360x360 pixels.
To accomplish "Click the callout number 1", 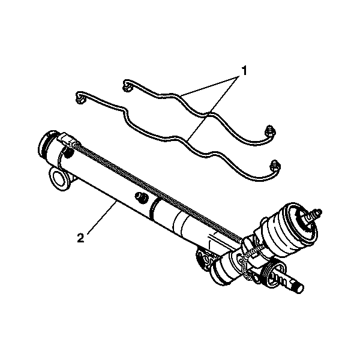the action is click(x=244, y=71).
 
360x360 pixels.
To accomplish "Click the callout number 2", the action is click(x=81, y=238).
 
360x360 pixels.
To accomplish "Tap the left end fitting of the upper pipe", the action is click(x=127, y=85).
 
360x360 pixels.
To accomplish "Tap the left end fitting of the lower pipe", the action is click(x=80, y=98).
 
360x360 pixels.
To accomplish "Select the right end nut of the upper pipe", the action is click(x=270, y=131).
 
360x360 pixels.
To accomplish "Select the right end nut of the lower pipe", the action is click(x=275, y=166).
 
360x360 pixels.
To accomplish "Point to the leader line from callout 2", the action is click(x=102, y=217).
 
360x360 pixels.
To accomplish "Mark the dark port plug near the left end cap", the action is click(x=68, y=152).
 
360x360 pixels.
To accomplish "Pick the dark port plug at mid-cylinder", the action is click(x=141, y=197).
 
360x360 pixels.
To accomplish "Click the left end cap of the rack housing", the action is click(x=47, y=146).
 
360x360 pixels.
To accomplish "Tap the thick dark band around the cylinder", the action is click(x=154, y=208).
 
